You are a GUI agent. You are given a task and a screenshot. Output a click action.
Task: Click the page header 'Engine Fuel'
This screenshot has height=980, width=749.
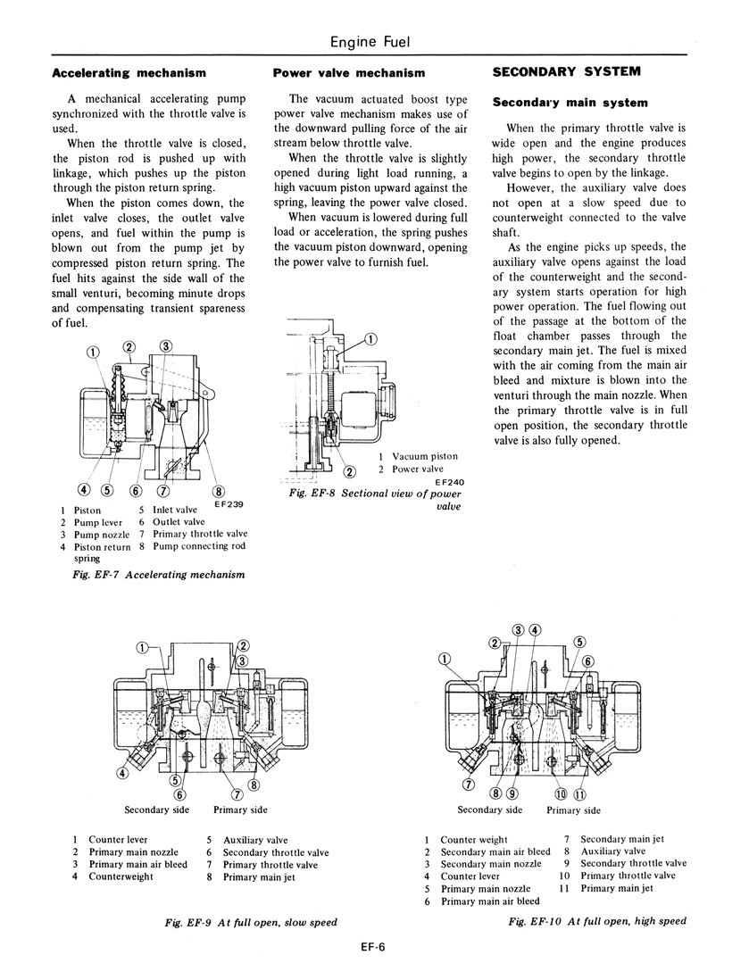click(x=370, y=41)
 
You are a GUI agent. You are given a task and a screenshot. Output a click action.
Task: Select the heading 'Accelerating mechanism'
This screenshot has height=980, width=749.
click(x=129, y=72)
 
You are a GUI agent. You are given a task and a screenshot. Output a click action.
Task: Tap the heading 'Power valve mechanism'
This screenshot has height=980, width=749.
click(x=349, y=72)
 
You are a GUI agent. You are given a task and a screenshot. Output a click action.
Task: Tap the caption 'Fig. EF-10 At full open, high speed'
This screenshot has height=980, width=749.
click(x=597, y=921)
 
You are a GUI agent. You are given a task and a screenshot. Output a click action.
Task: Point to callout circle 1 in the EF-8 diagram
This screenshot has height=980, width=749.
click(x=371, y=337)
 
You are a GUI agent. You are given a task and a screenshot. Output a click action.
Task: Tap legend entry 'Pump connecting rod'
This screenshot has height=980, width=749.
click(x=199, y=546)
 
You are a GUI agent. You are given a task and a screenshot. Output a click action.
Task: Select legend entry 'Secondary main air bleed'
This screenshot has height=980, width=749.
click(x=495, y=851)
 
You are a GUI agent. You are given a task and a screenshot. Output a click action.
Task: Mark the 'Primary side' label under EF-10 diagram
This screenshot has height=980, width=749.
click(x=573, y=810)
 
